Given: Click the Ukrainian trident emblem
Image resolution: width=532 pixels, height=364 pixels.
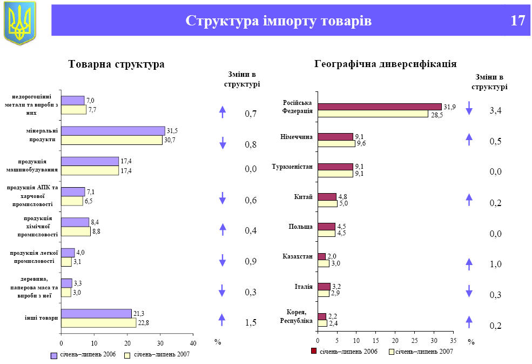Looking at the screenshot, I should (x=20, y=23).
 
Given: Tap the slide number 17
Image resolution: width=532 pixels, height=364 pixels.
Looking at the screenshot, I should (x=517, y=21).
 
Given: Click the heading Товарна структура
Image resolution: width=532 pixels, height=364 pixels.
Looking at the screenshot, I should (x=116, y=64).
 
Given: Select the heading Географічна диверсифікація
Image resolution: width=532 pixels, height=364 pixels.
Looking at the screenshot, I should (x=385, y=64).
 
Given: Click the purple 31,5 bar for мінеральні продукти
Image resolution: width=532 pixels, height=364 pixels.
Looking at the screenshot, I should (x=113, y=131).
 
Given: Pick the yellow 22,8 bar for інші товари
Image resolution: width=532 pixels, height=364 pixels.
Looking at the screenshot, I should (x=98, y=323).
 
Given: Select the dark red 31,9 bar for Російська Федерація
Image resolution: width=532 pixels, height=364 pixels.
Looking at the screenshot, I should (x=379, y=107).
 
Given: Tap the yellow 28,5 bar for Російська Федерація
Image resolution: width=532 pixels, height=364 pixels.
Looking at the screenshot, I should (x=373, y=114).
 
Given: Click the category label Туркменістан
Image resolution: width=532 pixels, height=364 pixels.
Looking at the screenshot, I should (x=293, y=167).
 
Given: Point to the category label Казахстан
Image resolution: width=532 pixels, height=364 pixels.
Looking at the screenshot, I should (x=298, y=256).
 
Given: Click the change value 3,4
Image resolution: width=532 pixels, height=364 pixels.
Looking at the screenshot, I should (x=495, y=111).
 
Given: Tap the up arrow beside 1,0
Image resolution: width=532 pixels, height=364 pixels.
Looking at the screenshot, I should (x=469, y=264).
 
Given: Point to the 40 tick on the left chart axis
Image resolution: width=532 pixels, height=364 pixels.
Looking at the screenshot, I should (x=193, y=343).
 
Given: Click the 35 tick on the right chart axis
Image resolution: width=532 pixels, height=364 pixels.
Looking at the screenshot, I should (x=453, y=340).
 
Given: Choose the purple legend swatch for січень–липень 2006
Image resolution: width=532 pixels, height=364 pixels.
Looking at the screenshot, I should (x=54, y=355).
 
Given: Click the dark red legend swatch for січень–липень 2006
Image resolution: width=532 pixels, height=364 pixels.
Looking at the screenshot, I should (x=314, y=352).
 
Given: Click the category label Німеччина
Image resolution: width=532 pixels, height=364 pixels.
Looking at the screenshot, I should (x=297, y=137).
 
